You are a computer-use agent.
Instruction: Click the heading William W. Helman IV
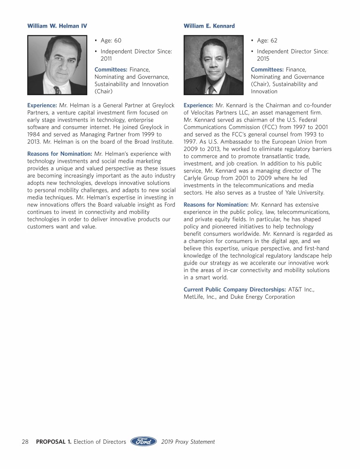click(x=57, y=25)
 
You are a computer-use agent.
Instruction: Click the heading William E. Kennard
click(x=209, y=25)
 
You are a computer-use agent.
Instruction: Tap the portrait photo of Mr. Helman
click(x=57, y=65)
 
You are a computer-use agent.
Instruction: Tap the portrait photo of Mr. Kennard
click(x=213, y=65)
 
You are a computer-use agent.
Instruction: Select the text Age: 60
click(x=111, y=41)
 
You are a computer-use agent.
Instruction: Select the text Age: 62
click(x=267, y=41)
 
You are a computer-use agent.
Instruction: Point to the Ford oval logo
click(x=143, y=441)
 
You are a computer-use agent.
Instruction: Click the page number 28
click(x=25, y=442)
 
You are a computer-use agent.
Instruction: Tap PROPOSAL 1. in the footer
click(x=53, y=442)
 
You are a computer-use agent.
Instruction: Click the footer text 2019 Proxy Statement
click(x=188, y=442)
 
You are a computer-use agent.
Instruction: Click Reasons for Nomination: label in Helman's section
click(x=60, y=153)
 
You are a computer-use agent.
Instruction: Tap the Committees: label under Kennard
click(x=267, y=69)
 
